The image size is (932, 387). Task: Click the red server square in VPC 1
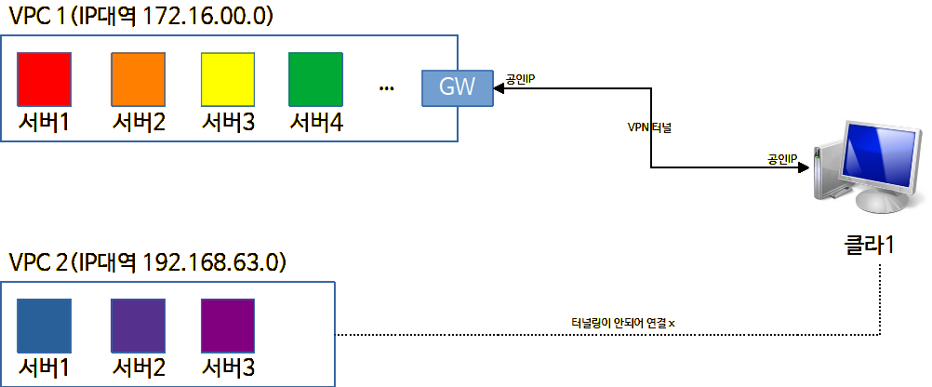[x=44, y=80]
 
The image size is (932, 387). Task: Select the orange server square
[x=139, y=80]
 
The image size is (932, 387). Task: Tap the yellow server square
[x=228, y=80]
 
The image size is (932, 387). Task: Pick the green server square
[x=315, y=80]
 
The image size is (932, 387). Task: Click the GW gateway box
[x=457, y=88]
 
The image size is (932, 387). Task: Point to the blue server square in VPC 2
[x=44, y=326]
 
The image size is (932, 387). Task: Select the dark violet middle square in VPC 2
[x=139, y=326]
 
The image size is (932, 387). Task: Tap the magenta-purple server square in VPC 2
[x=228, y=326]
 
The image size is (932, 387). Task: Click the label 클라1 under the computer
[x=869, y=245]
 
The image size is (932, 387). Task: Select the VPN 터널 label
[x=649, y=127]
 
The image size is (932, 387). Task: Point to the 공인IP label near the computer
[x=783, y=158]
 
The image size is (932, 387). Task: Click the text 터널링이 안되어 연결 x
[x=623, y=324]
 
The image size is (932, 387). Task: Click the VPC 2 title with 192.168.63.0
[x=148, y=261]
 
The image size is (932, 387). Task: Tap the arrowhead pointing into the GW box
[x=499, y=88]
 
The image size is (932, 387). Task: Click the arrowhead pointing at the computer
[x=804, y=167]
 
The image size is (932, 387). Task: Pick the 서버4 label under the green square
[x=316, y=123]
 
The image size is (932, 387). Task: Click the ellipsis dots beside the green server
[x=386, y=89]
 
